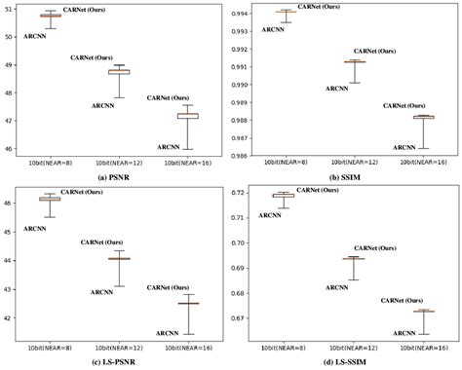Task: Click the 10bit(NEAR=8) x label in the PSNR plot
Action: [x=51, y=162]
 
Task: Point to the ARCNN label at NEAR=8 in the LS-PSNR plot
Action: [x=35, y=228]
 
